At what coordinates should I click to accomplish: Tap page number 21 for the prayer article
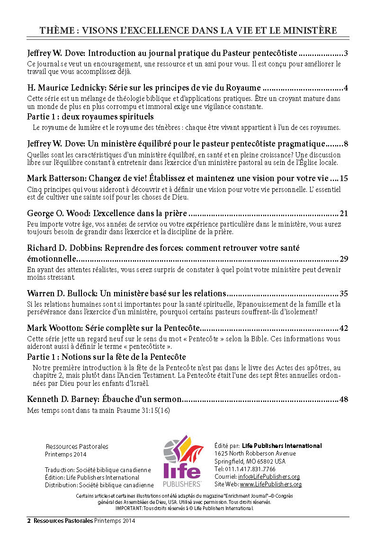coord(344,213)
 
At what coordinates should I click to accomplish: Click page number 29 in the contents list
coord(344,259)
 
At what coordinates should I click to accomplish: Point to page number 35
coord(344,293)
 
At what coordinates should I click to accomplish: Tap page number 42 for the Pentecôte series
coord(344,328)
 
